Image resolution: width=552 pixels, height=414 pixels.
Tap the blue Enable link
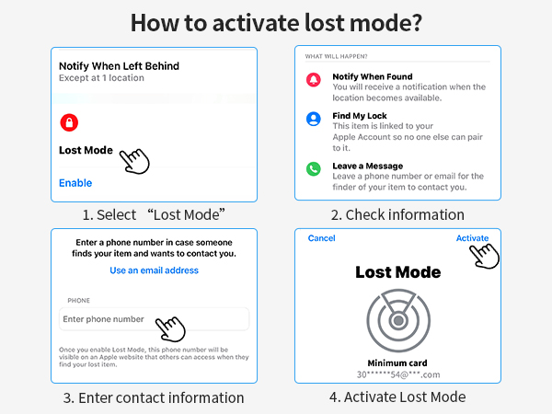coord(75,183)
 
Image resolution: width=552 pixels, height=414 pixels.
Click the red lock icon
coord(69,122)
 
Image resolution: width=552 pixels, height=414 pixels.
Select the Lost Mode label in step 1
coord(86,150)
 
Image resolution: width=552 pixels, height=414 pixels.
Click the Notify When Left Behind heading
coord(119,66)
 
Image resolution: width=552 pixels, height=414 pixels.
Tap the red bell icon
coord(314,79)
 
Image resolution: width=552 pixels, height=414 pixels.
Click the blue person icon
coord(314,119)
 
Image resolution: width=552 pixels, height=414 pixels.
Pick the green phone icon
coord(314,169)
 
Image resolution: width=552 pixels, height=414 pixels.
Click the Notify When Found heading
coord(373,76)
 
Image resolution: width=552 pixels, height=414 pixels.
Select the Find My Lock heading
coord(360,116)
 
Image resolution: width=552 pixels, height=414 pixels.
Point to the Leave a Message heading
coord(367,166)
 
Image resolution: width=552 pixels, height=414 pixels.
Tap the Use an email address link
coord(155,270)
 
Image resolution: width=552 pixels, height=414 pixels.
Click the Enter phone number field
coord(155,319)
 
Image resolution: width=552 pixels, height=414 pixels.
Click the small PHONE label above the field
coord(78,301)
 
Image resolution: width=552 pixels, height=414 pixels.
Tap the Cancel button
coord(321,238)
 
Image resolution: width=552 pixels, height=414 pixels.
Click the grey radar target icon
coord(398,320)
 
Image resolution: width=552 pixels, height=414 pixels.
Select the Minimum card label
coord(397,363)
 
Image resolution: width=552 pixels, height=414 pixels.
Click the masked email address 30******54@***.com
coord(398,374)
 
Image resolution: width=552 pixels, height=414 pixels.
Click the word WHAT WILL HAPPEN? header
coord(336,56)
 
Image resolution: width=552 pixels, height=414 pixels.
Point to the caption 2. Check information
coord(397,214)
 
